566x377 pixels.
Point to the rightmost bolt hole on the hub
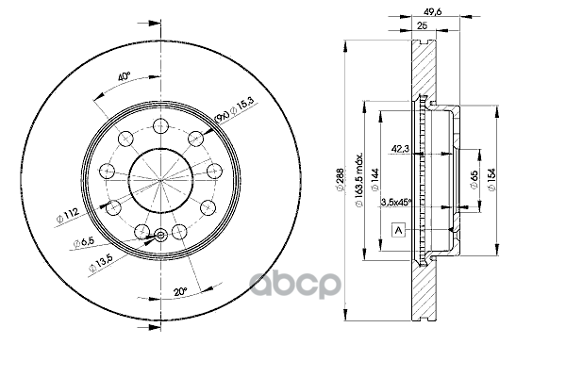coord(214,171)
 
